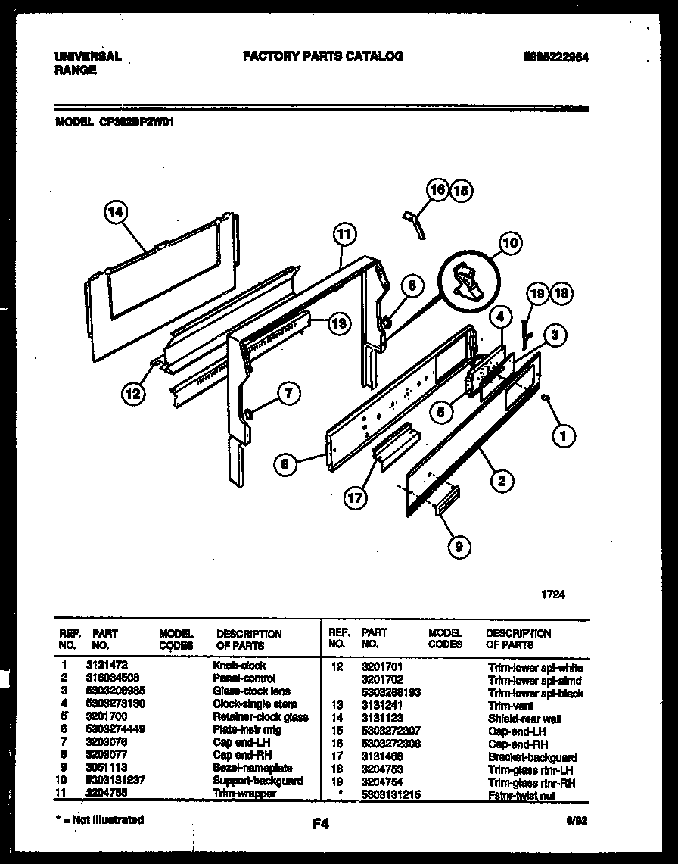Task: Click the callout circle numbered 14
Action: click(x=115, y=214)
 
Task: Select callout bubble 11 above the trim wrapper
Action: click(x=344, y=235)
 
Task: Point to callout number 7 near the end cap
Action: click(x=288, y=392)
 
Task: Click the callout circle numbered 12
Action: click(x=133, y=393)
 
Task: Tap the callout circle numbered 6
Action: click(x=285, y=464)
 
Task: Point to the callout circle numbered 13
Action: click(x=341, y=323)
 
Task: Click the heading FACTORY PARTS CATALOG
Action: click(x=322, y=56)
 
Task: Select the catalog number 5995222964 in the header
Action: click(x=556, y=57)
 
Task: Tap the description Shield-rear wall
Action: click(x=524, y=718)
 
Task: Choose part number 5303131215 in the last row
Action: click(x=390, y=794)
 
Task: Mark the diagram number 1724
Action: click(x=552, y=594)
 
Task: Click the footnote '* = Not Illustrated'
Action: click(x=99, y=819)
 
